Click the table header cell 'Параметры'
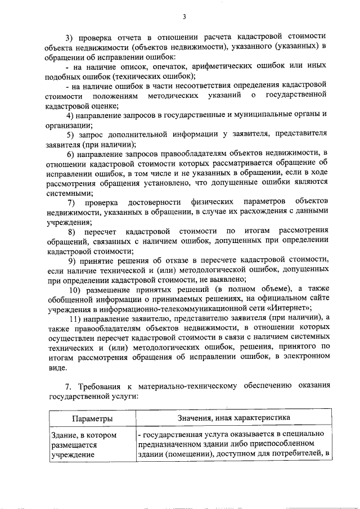92,418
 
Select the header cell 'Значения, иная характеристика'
233,418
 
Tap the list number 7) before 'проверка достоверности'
71,201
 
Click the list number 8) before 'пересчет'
71,231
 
